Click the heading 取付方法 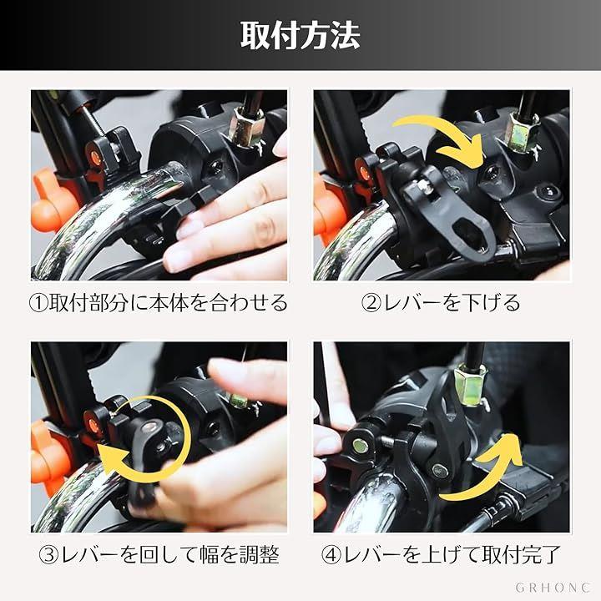pyautogui.click(x=300, y=35)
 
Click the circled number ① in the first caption pyautogui.click(x=38, y=303)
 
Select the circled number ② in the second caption pyautogui.click(x=371, y=303)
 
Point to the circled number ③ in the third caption pyautogui.click(x=48, y=554)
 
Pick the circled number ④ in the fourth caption pyautogui.click(x=331, y=554)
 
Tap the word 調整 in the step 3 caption pyautogui.click(x=260, y=554)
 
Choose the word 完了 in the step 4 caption pyautogui.click(x=541, y=554)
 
